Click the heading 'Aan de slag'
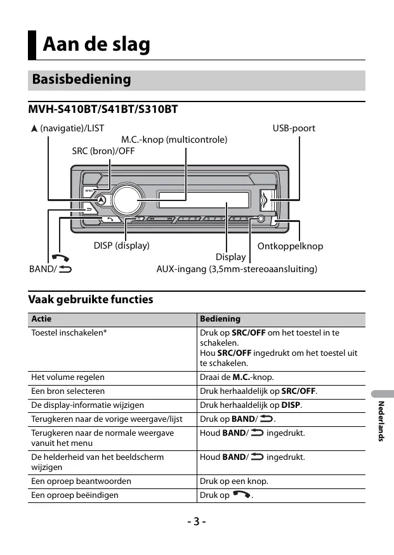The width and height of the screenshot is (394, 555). tap(96, 45)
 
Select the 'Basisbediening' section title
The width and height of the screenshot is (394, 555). tap(81, 80)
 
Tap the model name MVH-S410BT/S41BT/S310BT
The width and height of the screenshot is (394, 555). tap(103, 110)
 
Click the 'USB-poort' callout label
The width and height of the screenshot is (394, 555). tap(294, 128)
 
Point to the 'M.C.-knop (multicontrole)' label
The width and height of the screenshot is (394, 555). tap(174, 140)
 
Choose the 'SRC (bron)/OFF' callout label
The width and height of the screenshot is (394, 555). tap(103, 151)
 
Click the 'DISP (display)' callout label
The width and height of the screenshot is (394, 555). tap(122, 245)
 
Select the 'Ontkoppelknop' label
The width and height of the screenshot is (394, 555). tap(290, 246)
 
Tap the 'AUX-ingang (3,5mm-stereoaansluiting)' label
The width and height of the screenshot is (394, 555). tap(237, 269)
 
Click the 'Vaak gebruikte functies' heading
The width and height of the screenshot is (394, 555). tap(91, 299)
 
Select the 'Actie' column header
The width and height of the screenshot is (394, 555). tap(42, 319)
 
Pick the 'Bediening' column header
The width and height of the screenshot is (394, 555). tap(220, 319)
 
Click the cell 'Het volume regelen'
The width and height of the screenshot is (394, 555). tap(68, 377)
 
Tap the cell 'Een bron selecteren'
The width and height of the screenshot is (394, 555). tap(68, 391)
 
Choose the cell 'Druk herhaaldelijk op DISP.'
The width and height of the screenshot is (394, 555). tap(251, 405)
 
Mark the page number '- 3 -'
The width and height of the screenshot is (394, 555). tap(197, 521)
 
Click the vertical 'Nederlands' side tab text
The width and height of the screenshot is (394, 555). tap(381, 421)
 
